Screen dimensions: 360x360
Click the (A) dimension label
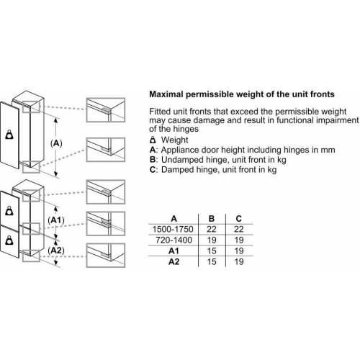coord(56,143)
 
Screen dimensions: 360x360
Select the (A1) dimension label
coord(56,220)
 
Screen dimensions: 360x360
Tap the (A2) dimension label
coord(56,251)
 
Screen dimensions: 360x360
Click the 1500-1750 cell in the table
coord(173,229)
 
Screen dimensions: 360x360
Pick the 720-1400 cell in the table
coord(174,240)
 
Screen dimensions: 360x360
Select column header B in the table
coord(212,219)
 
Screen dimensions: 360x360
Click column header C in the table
coord(239,219)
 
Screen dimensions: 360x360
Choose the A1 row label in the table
coord(174,251)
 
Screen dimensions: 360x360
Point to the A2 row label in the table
coord(174,261)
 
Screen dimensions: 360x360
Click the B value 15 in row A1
coord(212,251)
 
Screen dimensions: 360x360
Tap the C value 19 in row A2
coord(239,261)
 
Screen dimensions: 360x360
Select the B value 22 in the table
coord(212,229)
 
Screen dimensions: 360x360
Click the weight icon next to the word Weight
coord(153,140)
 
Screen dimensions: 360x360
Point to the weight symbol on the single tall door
coord(9,135)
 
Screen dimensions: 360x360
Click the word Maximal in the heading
coord(166,94)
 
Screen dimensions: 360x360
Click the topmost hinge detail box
coord(106,110)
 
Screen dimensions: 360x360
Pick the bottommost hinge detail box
coord(106,255)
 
